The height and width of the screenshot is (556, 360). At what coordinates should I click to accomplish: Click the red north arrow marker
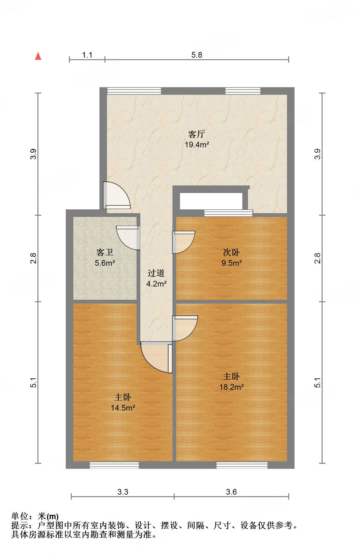point(38,56)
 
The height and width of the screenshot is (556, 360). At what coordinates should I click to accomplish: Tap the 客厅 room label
point(197,134)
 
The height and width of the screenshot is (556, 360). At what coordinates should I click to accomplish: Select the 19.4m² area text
point(197,145)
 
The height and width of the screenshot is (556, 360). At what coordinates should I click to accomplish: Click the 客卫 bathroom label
point(105,252)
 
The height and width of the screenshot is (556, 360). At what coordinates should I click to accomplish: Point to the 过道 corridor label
point(156,273)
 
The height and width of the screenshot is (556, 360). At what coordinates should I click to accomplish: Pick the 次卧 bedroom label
point(231,252)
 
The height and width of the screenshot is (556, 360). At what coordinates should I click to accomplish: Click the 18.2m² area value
point(231,387)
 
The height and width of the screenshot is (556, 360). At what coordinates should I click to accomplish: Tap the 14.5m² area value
point(123,408)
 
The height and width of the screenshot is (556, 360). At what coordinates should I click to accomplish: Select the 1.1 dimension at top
point(87,55)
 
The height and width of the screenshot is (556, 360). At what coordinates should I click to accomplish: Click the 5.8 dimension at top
point(197,55)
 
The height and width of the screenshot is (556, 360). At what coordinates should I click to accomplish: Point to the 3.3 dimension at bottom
point(123,492)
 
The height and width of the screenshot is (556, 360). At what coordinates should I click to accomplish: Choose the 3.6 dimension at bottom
point(231,492)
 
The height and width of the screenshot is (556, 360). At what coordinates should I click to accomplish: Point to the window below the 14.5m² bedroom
point(114,465)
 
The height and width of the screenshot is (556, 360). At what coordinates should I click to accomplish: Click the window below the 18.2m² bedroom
point(242,465)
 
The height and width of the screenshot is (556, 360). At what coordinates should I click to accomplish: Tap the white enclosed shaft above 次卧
point(211,201)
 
